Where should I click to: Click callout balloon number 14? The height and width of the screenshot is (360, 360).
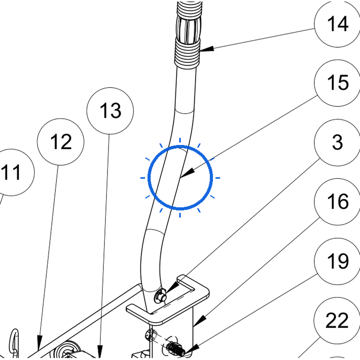point(337,24)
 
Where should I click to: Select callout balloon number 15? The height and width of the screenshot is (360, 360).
point(337,83)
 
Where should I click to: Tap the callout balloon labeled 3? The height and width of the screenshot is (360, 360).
point(337,143)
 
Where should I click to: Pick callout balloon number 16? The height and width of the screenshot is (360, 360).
point(337,202)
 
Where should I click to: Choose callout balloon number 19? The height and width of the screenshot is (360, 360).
point(337,261)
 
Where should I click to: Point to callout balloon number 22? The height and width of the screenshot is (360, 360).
point(337,321)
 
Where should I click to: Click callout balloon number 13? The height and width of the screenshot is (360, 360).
point(110,111)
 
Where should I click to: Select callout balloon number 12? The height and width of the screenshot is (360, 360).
point(60,142)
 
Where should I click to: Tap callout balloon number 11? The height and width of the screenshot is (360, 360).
point(11,172)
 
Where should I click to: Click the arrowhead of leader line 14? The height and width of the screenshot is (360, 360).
point(207,49)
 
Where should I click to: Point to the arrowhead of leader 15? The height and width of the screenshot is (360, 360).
point(187,173)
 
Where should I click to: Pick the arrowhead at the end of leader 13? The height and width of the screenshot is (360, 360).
point(100,351)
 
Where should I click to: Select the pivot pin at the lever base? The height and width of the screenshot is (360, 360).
point(160,296)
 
